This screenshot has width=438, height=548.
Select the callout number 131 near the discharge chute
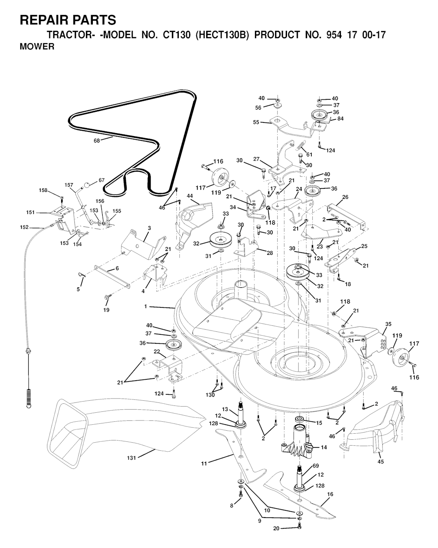point(131,458)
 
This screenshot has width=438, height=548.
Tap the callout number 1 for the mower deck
point(146,307)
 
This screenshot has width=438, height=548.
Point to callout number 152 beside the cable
point(24,227)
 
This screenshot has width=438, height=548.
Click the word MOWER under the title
point(37,47)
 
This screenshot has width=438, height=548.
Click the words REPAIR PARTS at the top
point(68,20)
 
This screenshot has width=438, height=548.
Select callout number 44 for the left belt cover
point(190,196)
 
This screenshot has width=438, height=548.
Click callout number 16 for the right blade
point(330,494)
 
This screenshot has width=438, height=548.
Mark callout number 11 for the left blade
point(204,463)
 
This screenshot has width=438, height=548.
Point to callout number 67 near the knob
point(101,180)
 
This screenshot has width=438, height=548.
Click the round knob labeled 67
point(87,185)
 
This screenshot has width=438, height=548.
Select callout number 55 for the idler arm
point(256,122)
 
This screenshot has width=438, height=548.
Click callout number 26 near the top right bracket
point(345,197)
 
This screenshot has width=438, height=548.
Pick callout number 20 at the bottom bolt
point(276,529)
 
